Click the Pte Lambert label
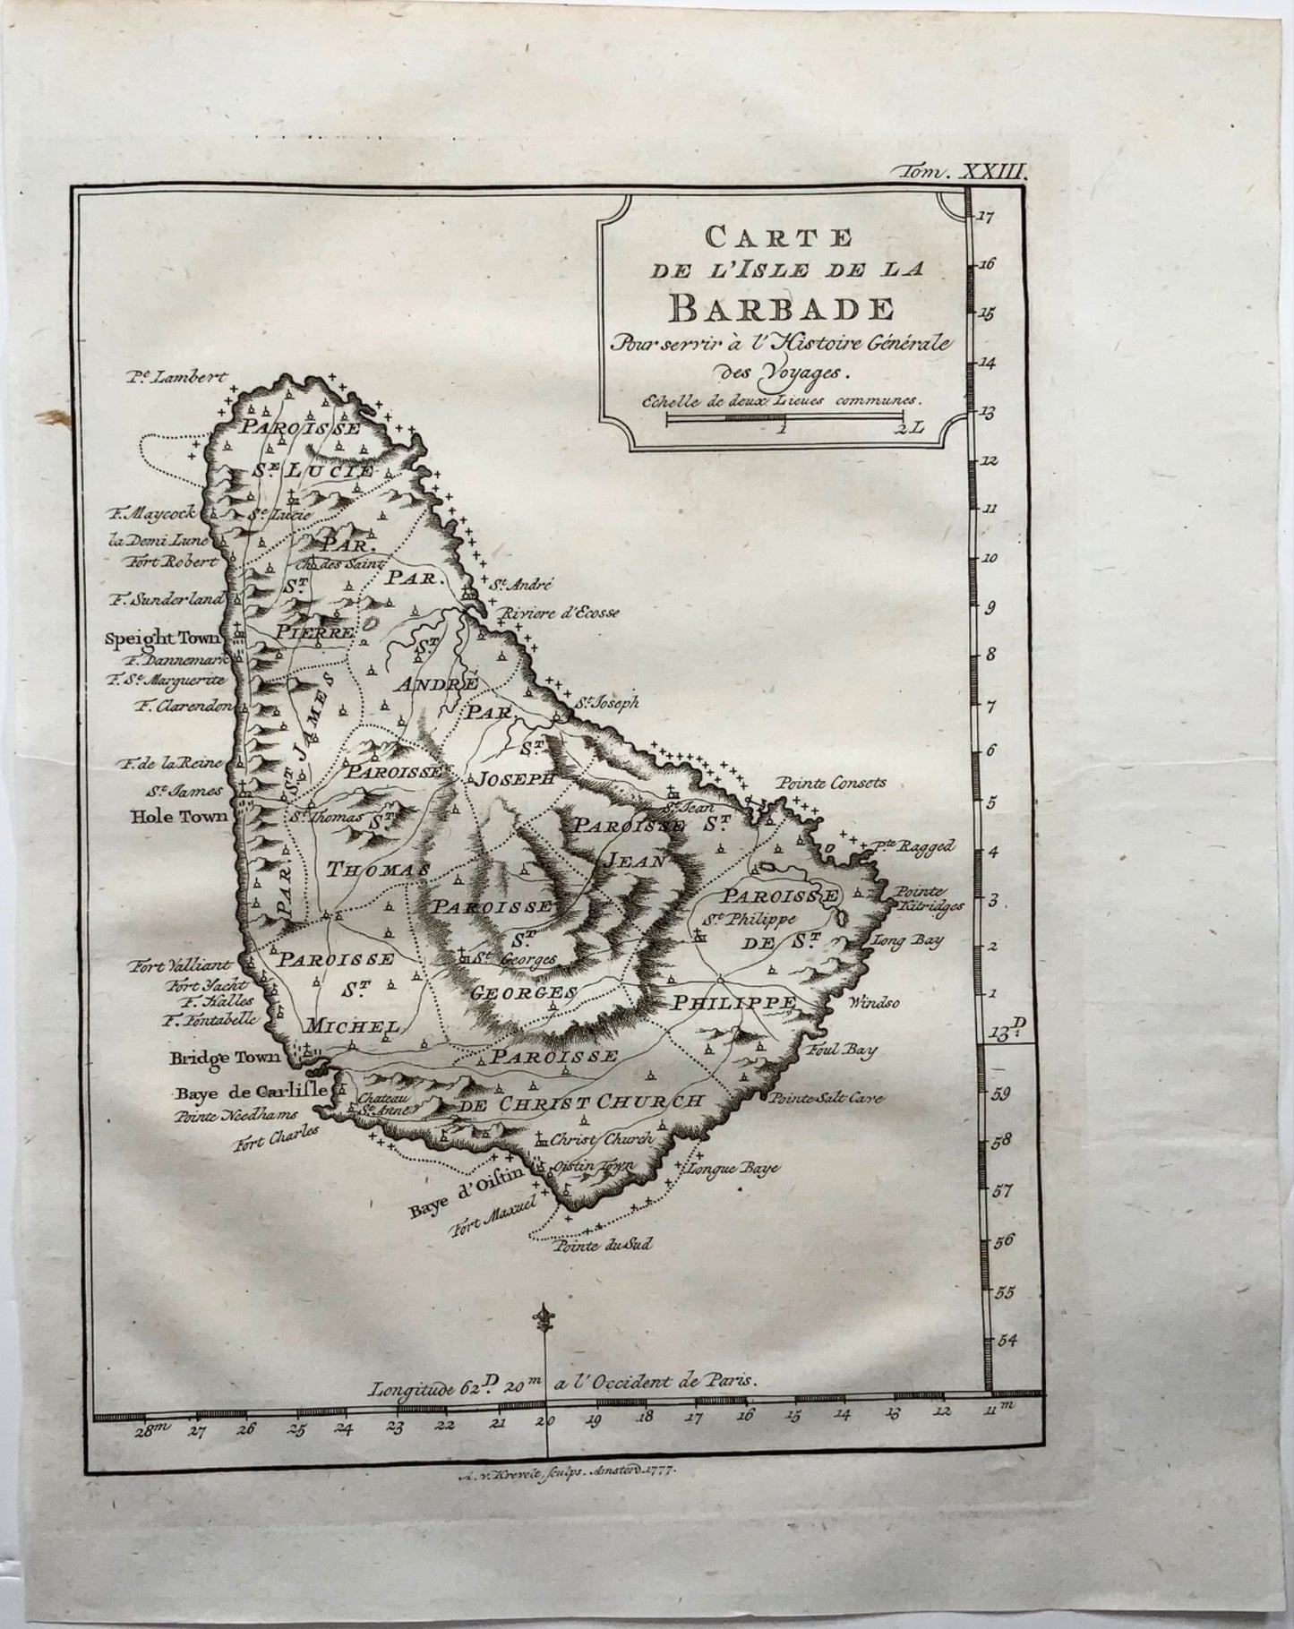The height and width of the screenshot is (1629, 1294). point(178,378)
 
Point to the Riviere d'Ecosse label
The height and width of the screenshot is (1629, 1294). point(561,613)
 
